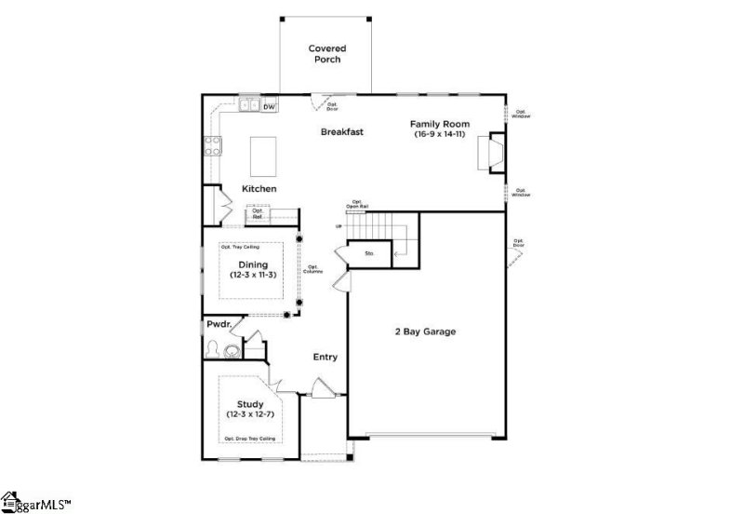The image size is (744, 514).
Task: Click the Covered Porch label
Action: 325,53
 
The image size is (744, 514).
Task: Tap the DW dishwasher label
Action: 269,107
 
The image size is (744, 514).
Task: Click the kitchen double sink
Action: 248,106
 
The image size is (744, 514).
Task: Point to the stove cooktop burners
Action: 212,145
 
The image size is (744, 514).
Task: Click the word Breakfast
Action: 341,132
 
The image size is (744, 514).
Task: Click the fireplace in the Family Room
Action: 490,152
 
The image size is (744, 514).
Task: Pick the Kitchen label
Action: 259,189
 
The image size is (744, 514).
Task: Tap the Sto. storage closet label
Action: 369,252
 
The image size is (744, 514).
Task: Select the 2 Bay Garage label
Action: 426,331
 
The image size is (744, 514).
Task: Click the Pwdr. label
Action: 219,325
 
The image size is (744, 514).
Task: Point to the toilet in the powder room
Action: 214,351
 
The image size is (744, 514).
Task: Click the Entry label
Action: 325,357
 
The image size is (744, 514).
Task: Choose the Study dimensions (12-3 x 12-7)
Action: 251,413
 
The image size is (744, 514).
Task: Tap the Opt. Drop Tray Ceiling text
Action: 249,438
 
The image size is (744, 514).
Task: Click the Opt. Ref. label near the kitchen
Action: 258,215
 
